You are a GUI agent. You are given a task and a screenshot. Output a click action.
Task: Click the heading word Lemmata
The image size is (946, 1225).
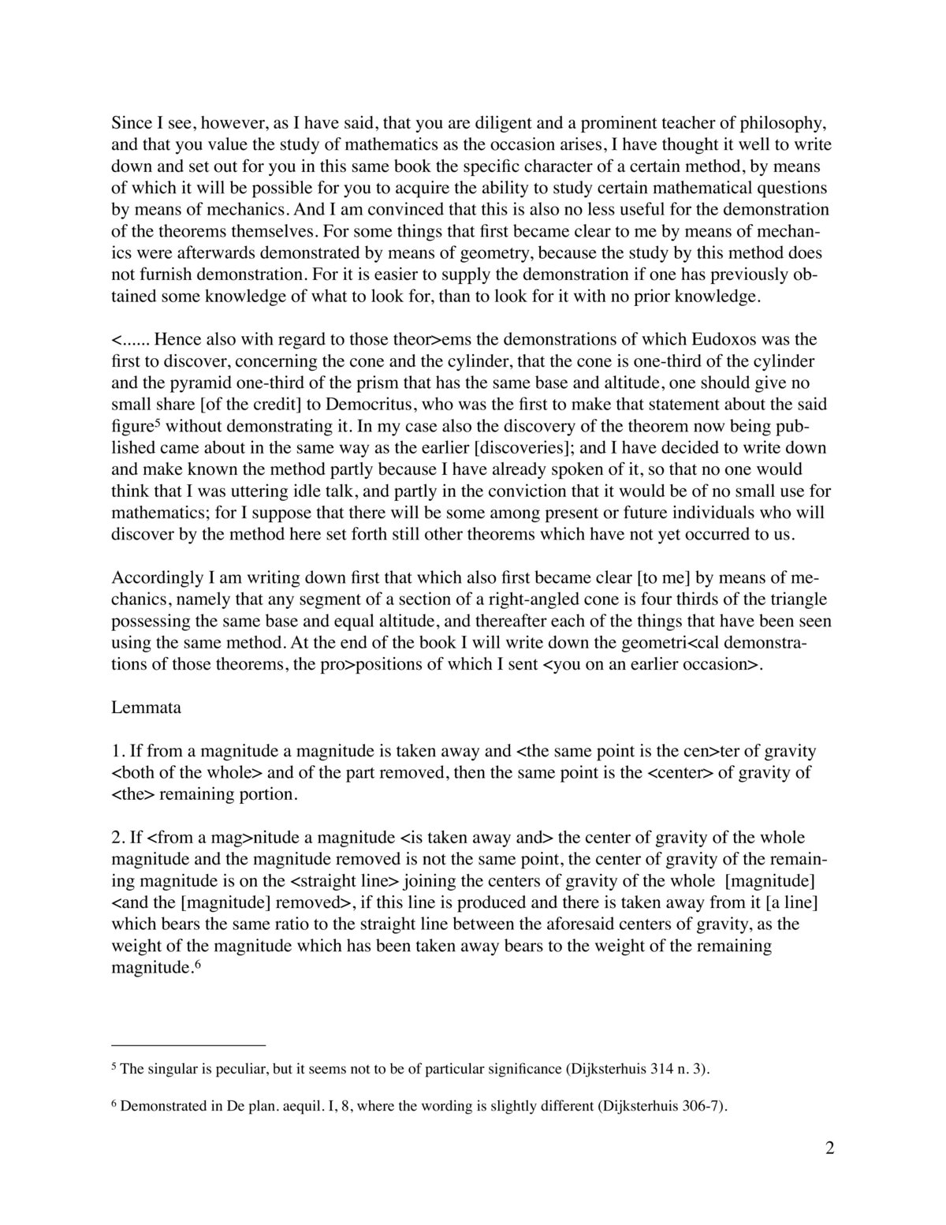(146, 708)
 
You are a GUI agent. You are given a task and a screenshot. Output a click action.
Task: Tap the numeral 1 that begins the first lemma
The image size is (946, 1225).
(116, 751)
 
